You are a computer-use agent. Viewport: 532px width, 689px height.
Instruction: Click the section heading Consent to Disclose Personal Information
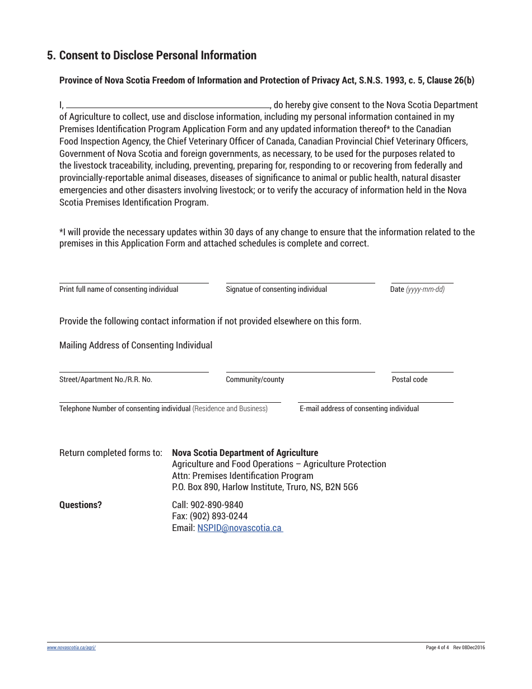[x=157, y=55]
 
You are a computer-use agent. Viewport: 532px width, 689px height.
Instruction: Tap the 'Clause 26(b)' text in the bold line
[x=450, y=80]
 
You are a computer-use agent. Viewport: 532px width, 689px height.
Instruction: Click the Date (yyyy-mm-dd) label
[x=417, y=290]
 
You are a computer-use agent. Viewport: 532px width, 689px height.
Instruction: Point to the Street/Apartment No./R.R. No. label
[x=106, y=380]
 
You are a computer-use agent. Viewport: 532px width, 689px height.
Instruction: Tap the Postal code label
[x=409, y=380]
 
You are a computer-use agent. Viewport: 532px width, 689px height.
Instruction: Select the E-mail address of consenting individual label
[x=359, y=409]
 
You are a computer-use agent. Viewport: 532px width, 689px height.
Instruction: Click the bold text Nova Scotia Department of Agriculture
[x=245, y=453]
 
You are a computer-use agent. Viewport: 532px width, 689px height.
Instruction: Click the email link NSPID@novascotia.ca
[x=239, y=528]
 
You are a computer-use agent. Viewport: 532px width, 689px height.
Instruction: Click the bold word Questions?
[x=81, y=505]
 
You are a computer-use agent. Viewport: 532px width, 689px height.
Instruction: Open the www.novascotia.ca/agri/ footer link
[x=71, y=648]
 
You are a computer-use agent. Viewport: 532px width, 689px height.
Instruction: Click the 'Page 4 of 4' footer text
[x=437, y=648]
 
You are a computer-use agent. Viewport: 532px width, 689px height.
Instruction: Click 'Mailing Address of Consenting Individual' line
[x=136, y=346]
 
